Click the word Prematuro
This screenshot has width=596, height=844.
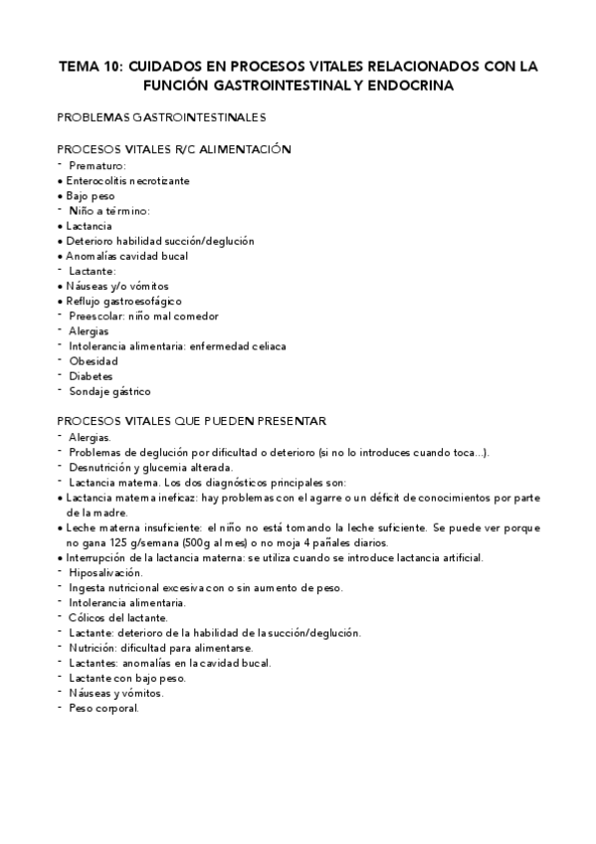click(x=97, y=164)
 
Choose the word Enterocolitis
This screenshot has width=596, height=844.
click(x=98, y=180)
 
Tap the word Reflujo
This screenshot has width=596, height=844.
click(x=85, y=301)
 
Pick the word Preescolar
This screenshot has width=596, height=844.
click(x=97, y=316)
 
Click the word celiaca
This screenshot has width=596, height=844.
click(x=267, y=345)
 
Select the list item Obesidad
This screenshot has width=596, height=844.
click(x=94, y=360)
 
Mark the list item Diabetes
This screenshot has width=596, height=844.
click(x=92, y=376)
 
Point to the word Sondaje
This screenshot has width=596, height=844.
click(x=92, y=391)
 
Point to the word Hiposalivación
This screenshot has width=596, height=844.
click(x=106, y=572)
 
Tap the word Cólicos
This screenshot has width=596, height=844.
click(x=90, y=617)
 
